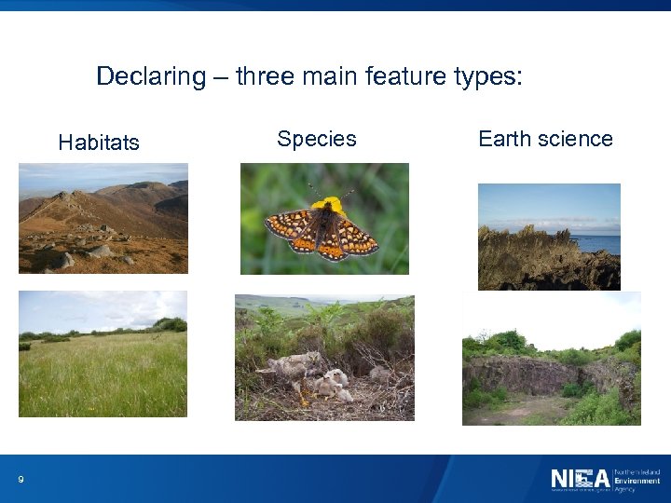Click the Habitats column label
point(99,143)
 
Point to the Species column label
point(317,139)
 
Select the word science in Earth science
point(576,139)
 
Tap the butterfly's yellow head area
point(327,205)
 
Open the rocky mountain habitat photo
point(103,218)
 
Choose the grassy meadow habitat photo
point(103,353)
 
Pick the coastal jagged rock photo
point(549,237)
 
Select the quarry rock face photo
point(551,359)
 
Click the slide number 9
point(21,480)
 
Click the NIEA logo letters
point(580,480)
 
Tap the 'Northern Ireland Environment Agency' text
point(637,480)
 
